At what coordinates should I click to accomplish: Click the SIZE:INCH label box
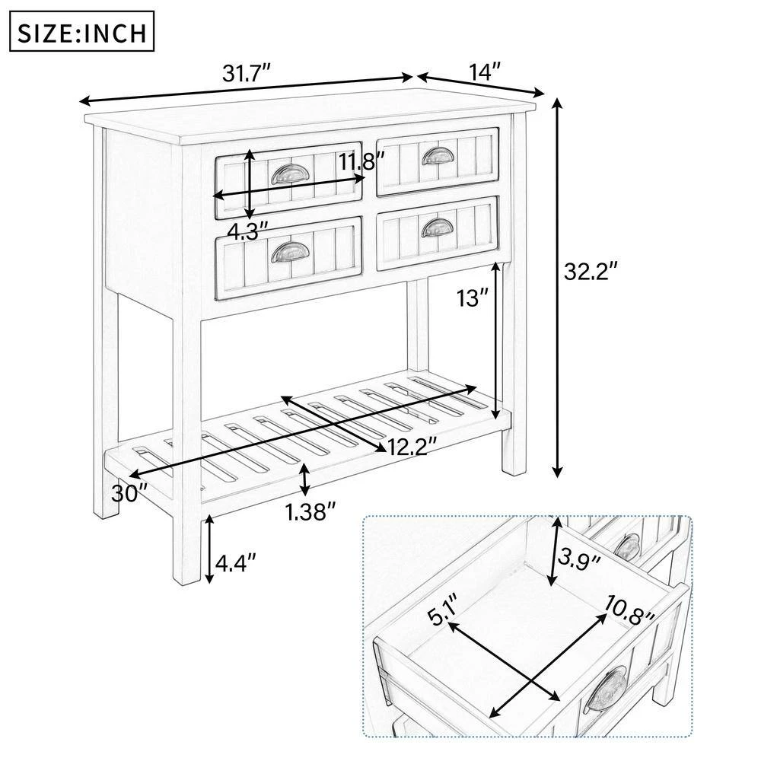click(82, 31)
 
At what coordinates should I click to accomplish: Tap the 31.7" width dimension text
click(246, 75)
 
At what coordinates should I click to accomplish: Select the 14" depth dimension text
click(484, 71)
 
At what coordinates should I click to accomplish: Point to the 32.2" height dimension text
click(591, 272)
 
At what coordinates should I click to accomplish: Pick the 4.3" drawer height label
click(247, 231)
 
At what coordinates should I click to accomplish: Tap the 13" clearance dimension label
click(472, 298)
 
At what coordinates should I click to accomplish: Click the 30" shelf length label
click(129, 494)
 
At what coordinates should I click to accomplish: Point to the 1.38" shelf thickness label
click(310, 512)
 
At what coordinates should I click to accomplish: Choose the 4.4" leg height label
click(235, 563)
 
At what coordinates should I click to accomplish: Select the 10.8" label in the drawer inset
click(629, 611)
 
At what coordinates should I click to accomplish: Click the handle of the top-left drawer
click(287, 174)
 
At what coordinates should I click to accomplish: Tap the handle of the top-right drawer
click(438, 156)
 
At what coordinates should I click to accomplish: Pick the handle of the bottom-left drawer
click(287, 252)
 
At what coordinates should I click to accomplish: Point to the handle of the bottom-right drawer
click(438, 227)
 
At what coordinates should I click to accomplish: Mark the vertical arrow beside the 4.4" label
click(209, 549)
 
